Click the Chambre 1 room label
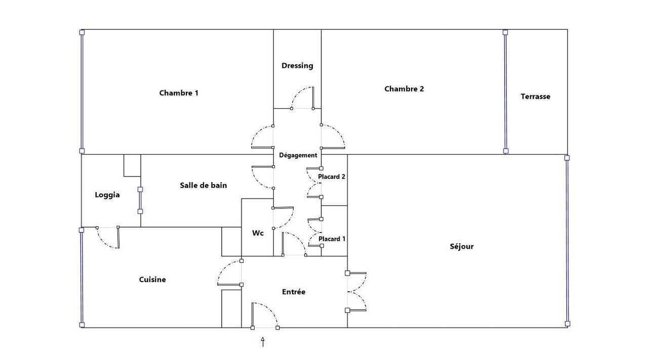(x=179, y=93)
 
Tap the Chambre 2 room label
(x=404, y=89)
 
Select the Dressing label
(x=297, y=66)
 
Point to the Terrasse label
(x=535, y=97)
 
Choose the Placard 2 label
(x=331, y=177)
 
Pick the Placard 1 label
(x=332, y=239)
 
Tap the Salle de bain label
(x=204, y=186)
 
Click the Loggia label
(x=107, y=195)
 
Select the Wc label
(x=258, y=234)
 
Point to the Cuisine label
(x=152, y=280)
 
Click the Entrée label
(x=294, y=292)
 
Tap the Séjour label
(x=462, y=247)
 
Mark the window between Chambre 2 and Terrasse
(x=505, y=92)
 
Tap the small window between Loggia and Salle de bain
(x=140, y=201)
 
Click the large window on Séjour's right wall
(x=567, y=241)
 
